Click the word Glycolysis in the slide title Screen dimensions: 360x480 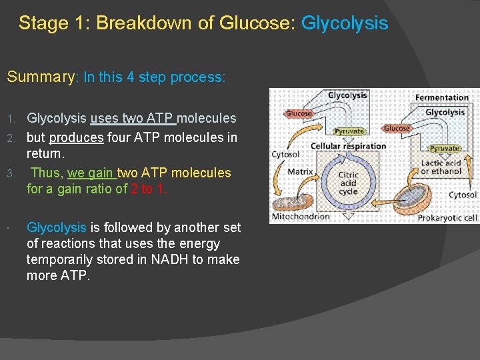tap(344, 23)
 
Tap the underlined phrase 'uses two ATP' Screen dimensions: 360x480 tap(133, 119)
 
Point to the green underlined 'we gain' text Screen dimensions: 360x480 tap(92, 173)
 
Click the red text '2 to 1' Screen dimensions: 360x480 tap(149, 189)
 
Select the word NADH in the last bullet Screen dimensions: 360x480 tap(169, 259)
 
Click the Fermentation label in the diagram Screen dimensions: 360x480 tap(441, 97)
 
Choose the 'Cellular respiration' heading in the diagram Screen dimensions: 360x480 tap(348, 146)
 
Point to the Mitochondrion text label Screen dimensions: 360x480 tap(301, 216)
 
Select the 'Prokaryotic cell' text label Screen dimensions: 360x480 tap(446, 217)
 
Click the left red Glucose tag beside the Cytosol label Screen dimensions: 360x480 tap(298, 114)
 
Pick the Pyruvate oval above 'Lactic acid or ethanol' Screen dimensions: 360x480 tap(444, 148)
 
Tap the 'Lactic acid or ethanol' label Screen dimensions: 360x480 tap(441, 167)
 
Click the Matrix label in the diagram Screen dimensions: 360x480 tap(300, 171)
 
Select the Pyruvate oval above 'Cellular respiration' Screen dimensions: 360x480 tap(348, 131)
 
